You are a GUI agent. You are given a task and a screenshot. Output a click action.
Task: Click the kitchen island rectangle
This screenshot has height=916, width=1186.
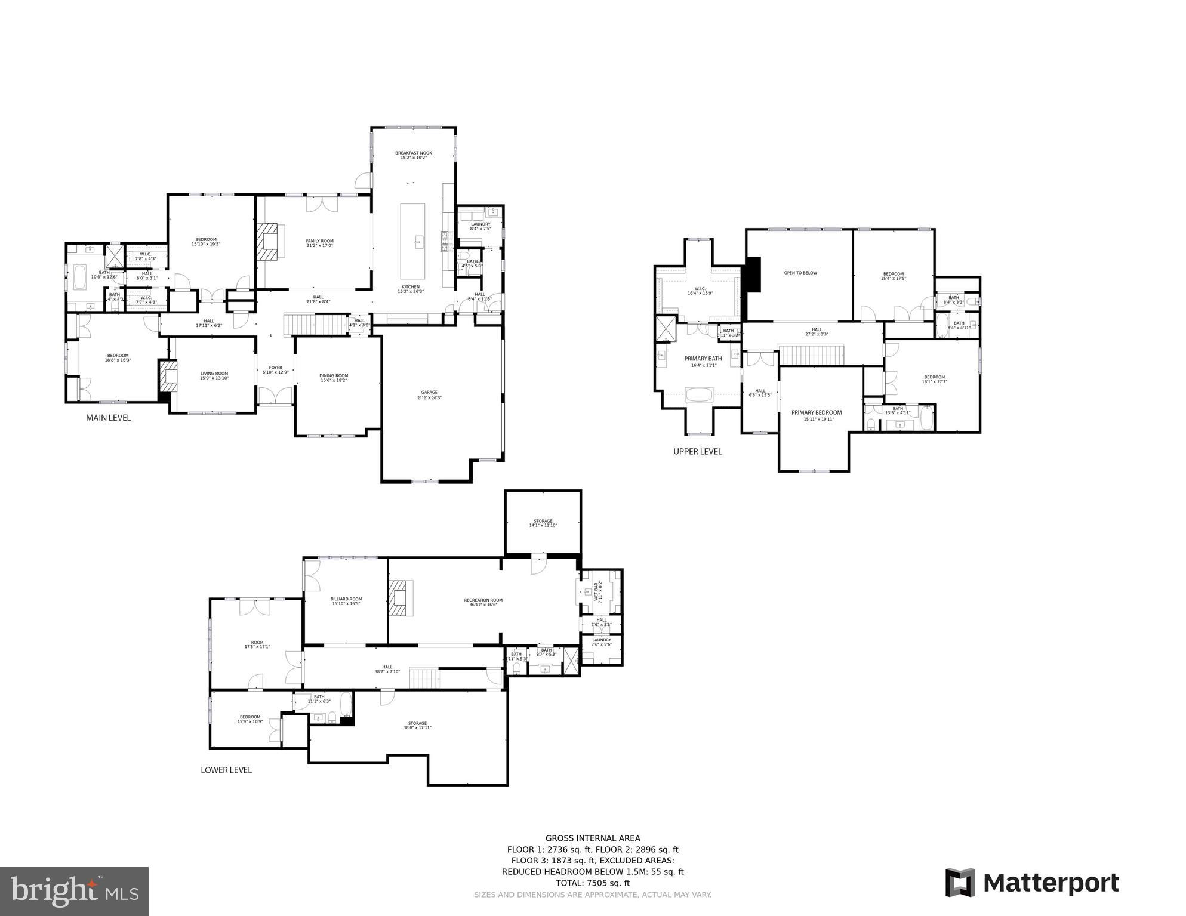tap(412, 240)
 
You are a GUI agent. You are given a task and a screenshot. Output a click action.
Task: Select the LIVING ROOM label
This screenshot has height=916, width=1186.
tap(214, 375)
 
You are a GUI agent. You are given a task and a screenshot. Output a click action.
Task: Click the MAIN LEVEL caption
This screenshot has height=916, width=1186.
tap(108, 418)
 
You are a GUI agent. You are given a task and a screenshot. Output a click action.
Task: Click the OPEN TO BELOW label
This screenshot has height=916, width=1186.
tap(800, 273)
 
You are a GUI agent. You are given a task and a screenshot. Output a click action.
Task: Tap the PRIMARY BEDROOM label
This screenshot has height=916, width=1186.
tap(816, 412)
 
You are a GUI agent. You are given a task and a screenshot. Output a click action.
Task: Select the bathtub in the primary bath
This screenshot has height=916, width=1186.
tap(698, 394)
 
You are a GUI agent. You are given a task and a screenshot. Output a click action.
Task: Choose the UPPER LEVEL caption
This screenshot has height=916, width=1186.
tap(697, 451)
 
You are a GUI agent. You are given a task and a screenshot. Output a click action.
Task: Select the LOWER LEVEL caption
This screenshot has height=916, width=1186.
tap(226, 770)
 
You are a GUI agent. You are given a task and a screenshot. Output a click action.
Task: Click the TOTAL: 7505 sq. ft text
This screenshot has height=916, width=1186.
tap(592, 883)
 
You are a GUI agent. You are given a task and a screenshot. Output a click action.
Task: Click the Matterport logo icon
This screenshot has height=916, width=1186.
tap(960, 883)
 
